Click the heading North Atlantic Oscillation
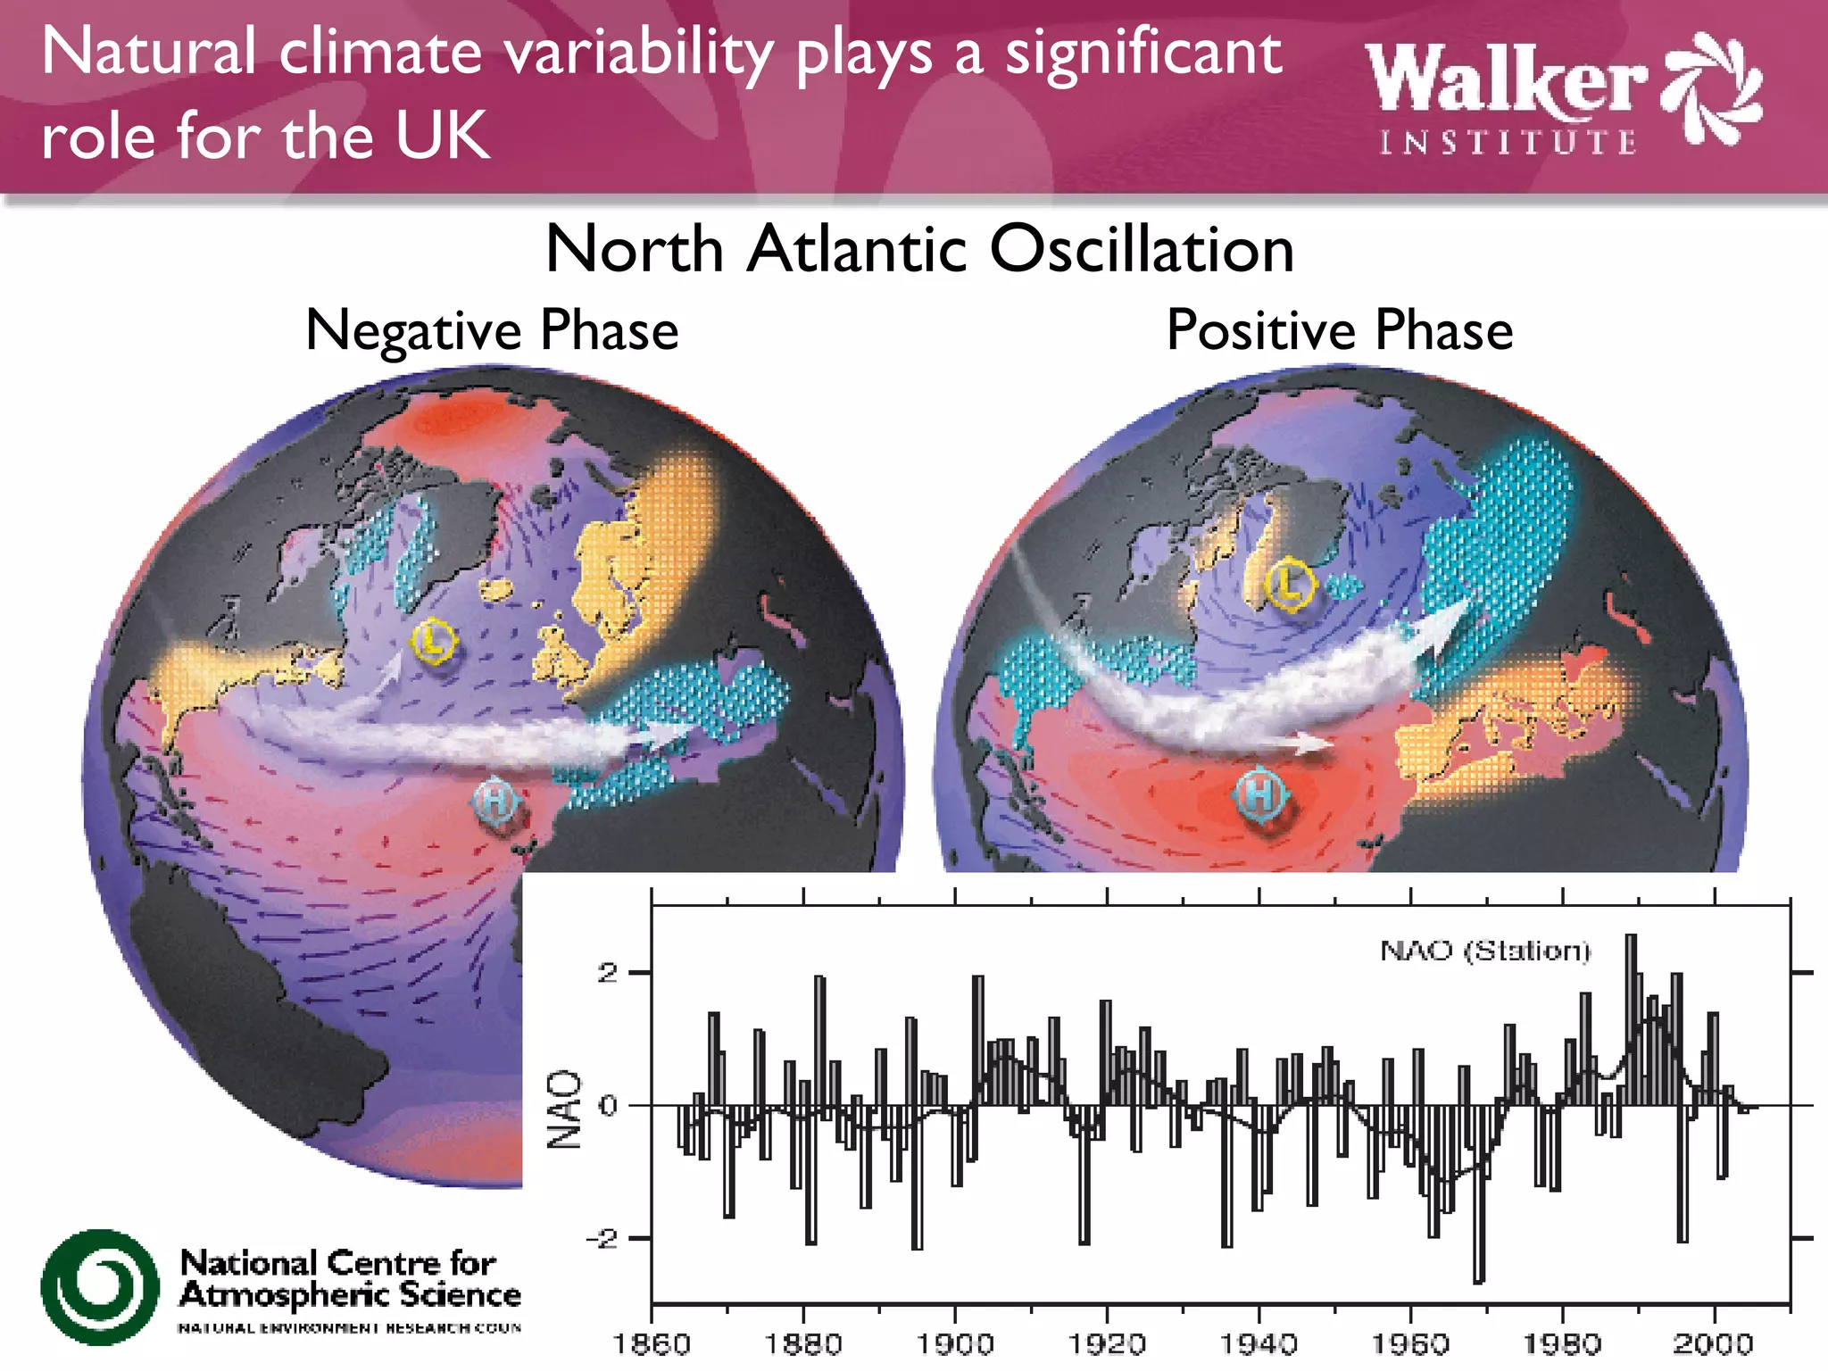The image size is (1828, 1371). coord(919,248)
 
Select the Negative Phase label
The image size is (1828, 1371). coord(492,330)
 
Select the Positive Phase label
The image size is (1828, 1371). coord(1340,330)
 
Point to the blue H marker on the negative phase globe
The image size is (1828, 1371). coord(495,800)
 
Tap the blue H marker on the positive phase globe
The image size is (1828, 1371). coord(1259,794)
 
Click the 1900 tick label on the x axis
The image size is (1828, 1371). coord(955,1343)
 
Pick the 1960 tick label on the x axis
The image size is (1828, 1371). coord(1410,1343)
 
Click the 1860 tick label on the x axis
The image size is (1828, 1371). coord(652,1343)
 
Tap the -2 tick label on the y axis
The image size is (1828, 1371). coord(601,1239)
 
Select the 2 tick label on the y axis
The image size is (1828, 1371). coord(608,973)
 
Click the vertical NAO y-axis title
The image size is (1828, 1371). coord(564,1109)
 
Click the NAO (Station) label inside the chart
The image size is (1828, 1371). coord(1485,951)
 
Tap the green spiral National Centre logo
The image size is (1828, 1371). coord(100,1287)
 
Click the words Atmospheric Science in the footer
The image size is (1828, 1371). coord(350,1295)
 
